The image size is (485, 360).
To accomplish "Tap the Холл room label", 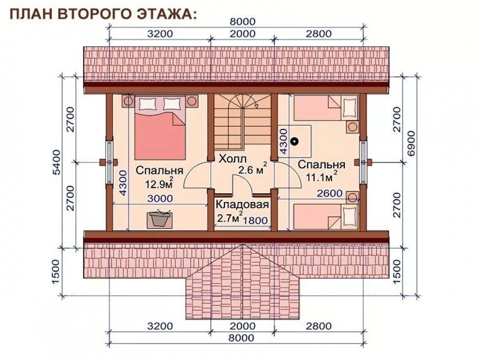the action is (x=233, y=159).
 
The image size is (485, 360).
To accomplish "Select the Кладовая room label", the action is (x=242, y=204).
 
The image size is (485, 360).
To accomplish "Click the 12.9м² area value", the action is (x=159, y=184).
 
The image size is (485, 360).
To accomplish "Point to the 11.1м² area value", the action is (x=321, y=177).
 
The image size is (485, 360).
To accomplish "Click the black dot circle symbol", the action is (x=295, y=141).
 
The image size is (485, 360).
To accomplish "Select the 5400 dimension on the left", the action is (x=57, y=162).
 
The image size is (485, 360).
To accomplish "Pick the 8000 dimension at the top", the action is (x=242, y=22).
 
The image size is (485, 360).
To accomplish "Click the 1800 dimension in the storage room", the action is (x=255, y=220).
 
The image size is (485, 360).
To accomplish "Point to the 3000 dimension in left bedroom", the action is (x=160, y=198).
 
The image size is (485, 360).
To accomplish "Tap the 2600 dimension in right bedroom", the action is (x=330, y=193).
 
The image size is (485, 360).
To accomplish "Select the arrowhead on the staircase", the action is (x=256, y=106).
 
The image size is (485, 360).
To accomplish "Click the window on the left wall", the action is (x=109, y=162).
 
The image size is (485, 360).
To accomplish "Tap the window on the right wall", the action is (x=363, y=162).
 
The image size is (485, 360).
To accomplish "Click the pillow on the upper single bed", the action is (x=349, y=108).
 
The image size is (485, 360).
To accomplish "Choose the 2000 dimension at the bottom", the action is (x=242, y=326).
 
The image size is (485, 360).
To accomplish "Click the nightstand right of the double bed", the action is (x=192, y=101).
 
